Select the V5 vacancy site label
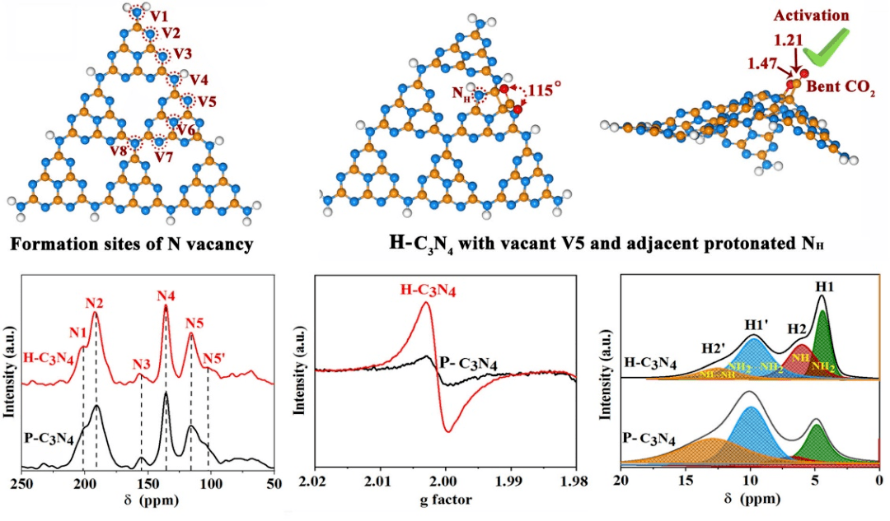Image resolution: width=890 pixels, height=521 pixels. [207, 102]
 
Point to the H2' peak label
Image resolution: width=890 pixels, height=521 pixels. [714, 348]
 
